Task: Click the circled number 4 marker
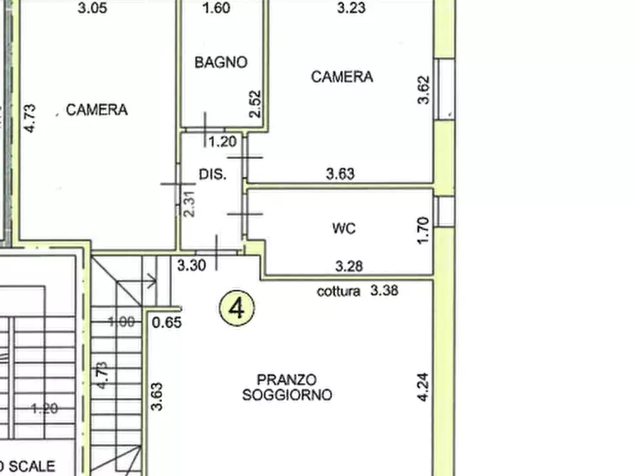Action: click(x=238, y=309)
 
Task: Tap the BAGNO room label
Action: click(x=221, y=63)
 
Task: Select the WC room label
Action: click(x=343, y=229)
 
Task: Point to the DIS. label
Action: click(x=212, y=174)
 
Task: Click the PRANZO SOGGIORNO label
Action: click(x=287, y=388)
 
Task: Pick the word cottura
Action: click(x=338, y=291)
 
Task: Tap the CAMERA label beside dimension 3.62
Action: click(x=342, y=77)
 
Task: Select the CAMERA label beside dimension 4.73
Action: click(x=97, y=110)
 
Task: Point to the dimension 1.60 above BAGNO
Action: click(x=216, y=9)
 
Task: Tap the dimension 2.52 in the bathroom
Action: click(x=257, y=103)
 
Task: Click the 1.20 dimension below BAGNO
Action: click(x=222, y=142)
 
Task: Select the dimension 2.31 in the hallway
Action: click(x=189, y=203)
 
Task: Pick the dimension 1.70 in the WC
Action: click(x=423, y=231)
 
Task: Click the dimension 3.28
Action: click(x=349, y=266)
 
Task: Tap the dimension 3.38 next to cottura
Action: click(x=385, y=291)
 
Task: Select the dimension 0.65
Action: click(x=167, y=322)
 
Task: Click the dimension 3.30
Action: click(x=191, y=266)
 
